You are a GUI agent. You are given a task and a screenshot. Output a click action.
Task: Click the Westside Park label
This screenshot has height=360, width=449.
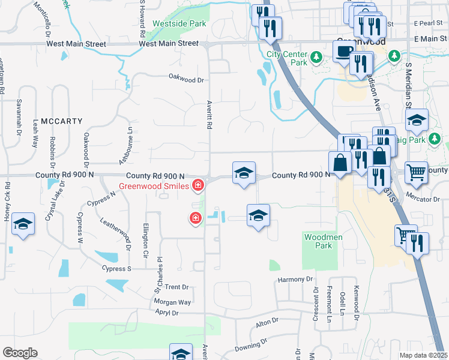pyautogui.click(x=179, y=23)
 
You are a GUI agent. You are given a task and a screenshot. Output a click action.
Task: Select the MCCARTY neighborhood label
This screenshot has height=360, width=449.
pyautogui.click(x=61, y=121)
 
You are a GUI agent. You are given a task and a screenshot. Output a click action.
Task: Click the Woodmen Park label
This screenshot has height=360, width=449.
pyautogui.click(x=319, y=241)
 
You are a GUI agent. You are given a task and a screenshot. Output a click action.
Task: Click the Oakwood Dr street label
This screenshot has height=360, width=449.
pyautogui.click(x=186, y=79)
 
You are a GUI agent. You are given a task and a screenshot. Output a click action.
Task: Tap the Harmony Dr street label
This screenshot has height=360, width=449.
pyautogui.click(x=295, y=280)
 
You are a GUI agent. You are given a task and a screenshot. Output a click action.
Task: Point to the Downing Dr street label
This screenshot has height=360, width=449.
pyautogui.click(x=250, y=346)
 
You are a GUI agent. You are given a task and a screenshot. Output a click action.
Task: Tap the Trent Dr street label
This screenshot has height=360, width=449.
pyautogui.click(x=176, y=287)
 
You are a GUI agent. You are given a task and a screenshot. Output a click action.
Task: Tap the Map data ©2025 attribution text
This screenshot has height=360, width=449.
pyautogui.click(x=423, y=355)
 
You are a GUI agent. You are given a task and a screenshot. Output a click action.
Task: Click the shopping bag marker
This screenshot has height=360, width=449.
pyautogui.click(x=340, y=163)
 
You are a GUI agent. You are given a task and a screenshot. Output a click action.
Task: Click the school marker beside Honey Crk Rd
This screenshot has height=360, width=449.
pyautogui.click(x=23, y=224)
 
